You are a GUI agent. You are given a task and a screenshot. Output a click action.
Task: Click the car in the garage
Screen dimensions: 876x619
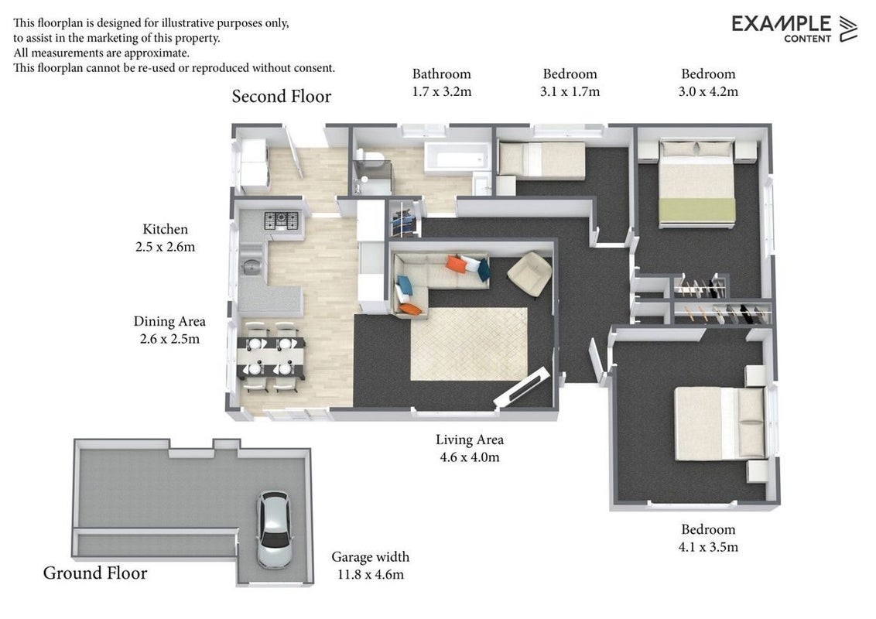[x=274, y=529]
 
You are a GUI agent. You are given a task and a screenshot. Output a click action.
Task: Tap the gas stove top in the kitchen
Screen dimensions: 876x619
[x=281, y=220]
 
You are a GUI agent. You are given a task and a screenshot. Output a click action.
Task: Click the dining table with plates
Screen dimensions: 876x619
[x=271, y=357]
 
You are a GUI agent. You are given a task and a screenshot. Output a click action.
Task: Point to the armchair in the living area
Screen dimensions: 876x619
[x=529, y=274]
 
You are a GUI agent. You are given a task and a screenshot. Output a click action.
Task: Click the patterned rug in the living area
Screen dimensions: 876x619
[x=469, y=344]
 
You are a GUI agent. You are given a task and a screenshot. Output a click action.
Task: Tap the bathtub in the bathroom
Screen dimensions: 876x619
[x=457, y=157]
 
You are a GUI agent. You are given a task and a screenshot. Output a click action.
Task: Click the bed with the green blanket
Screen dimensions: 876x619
[x=696, y=184]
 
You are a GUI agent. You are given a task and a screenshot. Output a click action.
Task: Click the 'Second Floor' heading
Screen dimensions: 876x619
[x=282, y=97]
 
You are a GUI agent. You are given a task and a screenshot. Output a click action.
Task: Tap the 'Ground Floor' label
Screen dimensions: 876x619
[x=95, y=573]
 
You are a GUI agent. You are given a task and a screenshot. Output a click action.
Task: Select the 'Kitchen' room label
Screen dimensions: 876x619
[x=166, y=229]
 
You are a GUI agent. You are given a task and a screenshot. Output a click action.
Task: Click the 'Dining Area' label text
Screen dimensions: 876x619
[x=169, y=322]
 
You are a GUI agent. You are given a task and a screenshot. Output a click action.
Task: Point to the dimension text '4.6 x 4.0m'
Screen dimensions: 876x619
[x=470, y=457]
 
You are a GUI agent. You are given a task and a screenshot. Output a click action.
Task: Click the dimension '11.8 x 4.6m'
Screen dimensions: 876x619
[x=371, y=574]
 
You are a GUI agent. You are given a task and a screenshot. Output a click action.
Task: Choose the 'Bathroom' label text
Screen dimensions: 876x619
[x=441, y=74]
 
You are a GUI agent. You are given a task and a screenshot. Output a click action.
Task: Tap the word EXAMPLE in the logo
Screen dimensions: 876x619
[x=781, y=24]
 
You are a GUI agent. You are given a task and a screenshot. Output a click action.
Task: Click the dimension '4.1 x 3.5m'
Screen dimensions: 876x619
[x=708, y=547]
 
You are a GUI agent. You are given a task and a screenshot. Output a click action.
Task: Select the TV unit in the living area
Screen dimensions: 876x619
[x=521, y=387]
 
